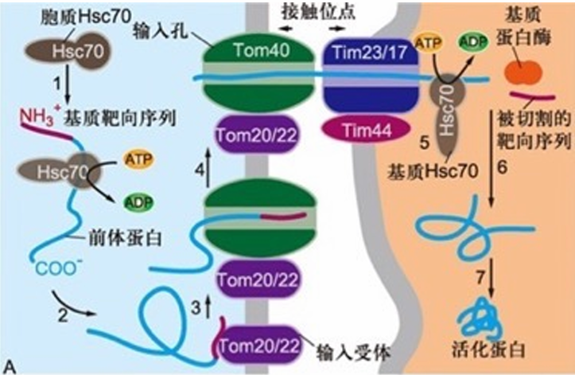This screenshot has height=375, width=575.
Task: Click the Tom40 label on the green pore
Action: point(262,49)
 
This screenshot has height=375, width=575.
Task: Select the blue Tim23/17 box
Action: point(371,76)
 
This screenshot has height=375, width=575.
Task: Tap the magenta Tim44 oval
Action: point(367,131)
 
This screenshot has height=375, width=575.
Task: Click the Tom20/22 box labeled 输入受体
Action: point(258,346)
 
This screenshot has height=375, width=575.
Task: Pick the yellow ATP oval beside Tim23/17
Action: point(428,43)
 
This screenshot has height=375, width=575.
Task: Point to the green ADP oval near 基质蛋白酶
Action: point(473,42)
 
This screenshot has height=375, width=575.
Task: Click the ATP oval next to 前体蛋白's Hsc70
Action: point(139,159)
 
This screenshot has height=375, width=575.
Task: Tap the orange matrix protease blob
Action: point(523,72)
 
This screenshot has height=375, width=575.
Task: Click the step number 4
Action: point(200,170)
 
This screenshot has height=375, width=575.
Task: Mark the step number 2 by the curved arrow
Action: point(63,315)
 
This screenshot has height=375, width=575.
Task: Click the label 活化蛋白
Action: point(488,350)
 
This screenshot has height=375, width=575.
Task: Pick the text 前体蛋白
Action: point(125,238)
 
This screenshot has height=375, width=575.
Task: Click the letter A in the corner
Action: point(10,367)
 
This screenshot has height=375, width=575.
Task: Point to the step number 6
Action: point(502,167)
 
